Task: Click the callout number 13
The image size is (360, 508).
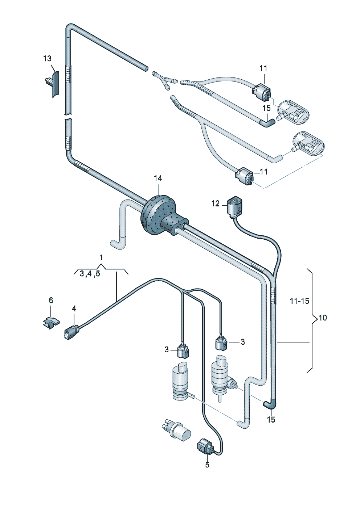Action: (47, 59)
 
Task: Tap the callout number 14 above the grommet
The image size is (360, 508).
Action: (158, 179)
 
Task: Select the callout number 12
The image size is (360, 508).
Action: (216, 204)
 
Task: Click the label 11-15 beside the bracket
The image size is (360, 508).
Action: (299, 301)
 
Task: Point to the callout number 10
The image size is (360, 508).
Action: (323, 318)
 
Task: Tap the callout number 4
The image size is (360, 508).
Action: (74, 308)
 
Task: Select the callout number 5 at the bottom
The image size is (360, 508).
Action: (207, 465)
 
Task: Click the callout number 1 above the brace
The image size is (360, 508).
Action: (101, 258)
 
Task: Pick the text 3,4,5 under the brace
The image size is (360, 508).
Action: (90, 274)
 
